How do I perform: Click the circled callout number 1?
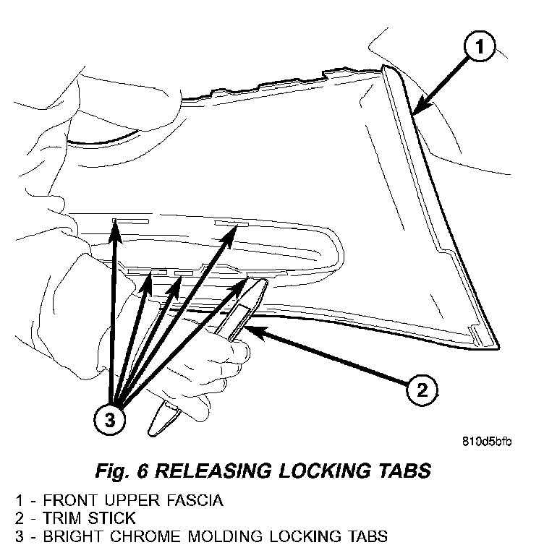pyautogui.click(x=479, y=50)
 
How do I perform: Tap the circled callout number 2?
pyautogui.click(x=420, y=390)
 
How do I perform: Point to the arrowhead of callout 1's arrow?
pyautogui.click(x=416, y=111)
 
